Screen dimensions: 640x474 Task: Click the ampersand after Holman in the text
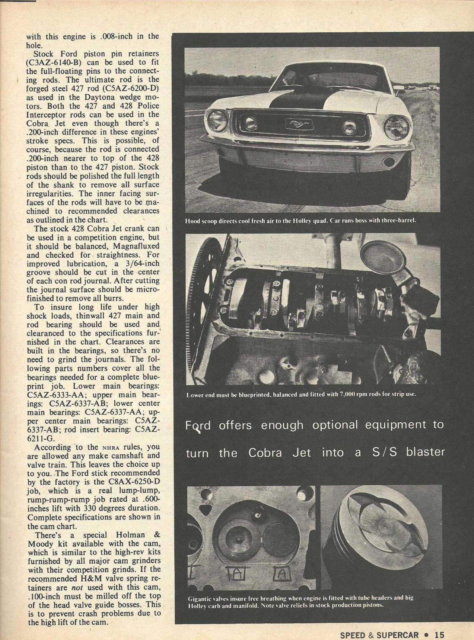click(x=157, y=535)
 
